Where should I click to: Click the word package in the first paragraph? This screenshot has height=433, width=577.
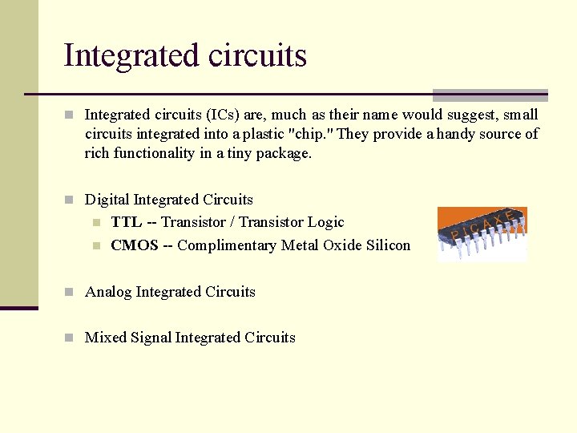click(x=283, y=153)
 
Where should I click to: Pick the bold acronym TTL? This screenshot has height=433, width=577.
click(x=126, y=222)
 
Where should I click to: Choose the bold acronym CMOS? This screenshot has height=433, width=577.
click(x=135, y=245)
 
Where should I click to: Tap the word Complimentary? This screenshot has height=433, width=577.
click(x=227, y=245)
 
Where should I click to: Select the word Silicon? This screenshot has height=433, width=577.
click(x=388, y=245)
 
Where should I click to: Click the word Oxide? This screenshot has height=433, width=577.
click(x=341, y=245)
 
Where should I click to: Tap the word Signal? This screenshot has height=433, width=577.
click(x=151, y=338)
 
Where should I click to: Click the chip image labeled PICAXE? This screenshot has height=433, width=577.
click(x=482, y=234)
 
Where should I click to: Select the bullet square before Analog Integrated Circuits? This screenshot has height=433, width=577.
click(x=71, y=293)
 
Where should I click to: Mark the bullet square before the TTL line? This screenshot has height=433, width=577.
click(x=96, y=223)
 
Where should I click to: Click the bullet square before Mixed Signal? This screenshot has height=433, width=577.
click(x=71, y=338)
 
